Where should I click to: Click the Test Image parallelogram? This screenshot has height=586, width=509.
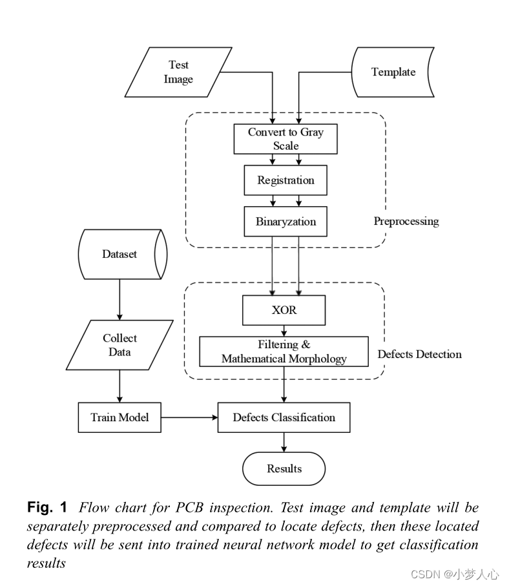coord(178,72)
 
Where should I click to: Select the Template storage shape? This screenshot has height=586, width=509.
coord(393,72)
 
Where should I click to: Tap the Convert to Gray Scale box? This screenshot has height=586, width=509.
coord(286,139)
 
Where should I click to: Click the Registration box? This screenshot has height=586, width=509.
coord(286,180)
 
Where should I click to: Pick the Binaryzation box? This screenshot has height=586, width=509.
coord(286,222)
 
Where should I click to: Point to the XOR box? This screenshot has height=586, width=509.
coord(284,310)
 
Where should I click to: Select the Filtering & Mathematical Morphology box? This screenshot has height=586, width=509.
coord(284,351)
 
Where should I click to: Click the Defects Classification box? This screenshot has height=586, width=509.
coord(284,417)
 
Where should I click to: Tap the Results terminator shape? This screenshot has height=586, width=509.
coord(284,468)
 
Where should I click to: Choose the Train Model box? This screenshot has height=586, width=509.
coord(119,417)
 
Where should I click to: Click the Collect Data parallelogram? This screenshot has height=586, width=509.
coord(120,345)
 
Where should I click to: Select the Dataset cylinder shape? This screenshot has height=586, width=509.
coord(120,254)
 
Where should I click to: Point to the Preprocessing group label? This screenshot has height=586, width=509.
coord(406,222)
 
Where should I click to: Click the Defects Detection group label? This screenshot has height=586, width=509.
coord(419,354)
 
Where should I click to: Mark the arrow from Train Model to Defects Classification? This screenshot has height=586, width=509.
coord(189,417)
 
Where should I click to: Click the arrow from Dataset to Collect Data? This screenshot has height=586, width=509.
coord(120,299)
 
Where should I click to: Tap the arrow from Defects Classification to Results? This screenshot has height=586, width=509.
coord(284,442)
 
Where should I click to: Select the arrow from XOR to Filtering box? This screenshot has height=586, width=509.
coord(284,330)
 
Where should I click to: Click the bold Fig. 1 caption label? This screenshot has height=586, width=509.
coord(47,507)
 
